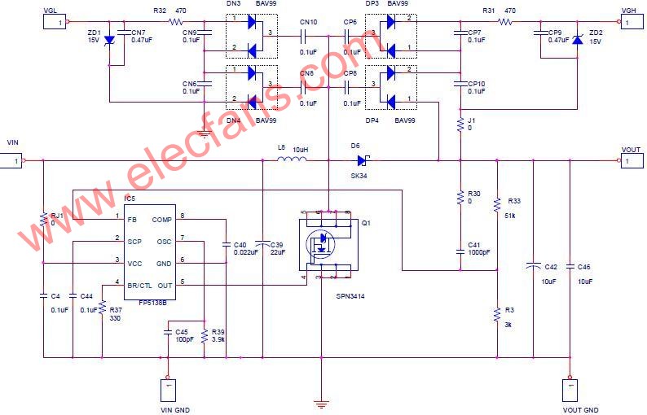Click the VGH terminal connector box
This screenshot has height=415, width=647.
(627, 23)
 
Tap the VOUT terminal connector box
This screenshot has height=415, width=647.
(631, 161)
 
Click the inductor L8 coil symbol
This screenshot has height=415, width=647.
(291, 159)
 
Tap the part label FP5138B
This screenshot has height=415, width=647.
(152, 301)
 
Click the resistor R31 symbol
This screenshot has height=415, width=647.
(506, 23)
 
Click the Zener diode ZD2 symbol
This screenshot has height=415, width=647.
(577, 40)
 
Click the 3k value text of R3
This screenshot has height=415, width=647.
(510, 323)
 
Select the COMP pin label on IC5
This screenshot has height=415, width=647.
(161, 219)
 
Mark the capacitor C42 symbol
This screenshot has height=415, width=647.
(533, 265)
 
